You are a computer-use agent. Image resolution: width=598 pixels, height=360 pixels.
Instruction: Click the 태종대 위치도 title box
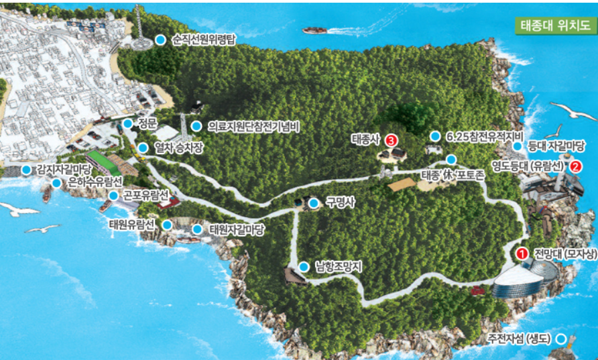pyautogui.click(x=556, y=26)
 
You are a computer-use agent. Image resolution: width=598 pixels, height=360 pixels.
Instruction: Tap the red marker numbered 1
pyautogui.click(x=522, y=253)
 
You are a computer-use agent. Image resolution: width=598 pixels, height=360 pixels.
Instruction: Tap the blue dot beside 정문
pyautogui.click(x=127, y=123)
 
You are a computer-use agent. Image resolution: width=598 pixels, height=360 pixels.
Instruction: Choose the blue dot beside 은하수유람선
pyautogui.click(x=56, y=182)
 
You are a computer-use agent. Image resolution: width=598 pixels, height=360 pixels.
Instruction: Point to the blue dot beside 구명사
pyautogui.click(x=314, y=202)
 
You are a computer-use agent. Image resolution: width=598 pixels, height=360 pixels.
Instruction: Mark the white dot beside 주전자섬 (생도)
pyautogui.click(x=561, y=339)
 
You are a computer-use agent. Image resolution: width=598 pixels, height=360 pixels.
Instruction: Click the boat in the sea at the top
pyautogui.click(x=314, y=30)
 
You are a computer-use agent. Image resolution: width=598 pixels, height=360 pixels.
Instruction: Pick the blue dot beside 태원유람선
pyautogui.click(x=166, y=224)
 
